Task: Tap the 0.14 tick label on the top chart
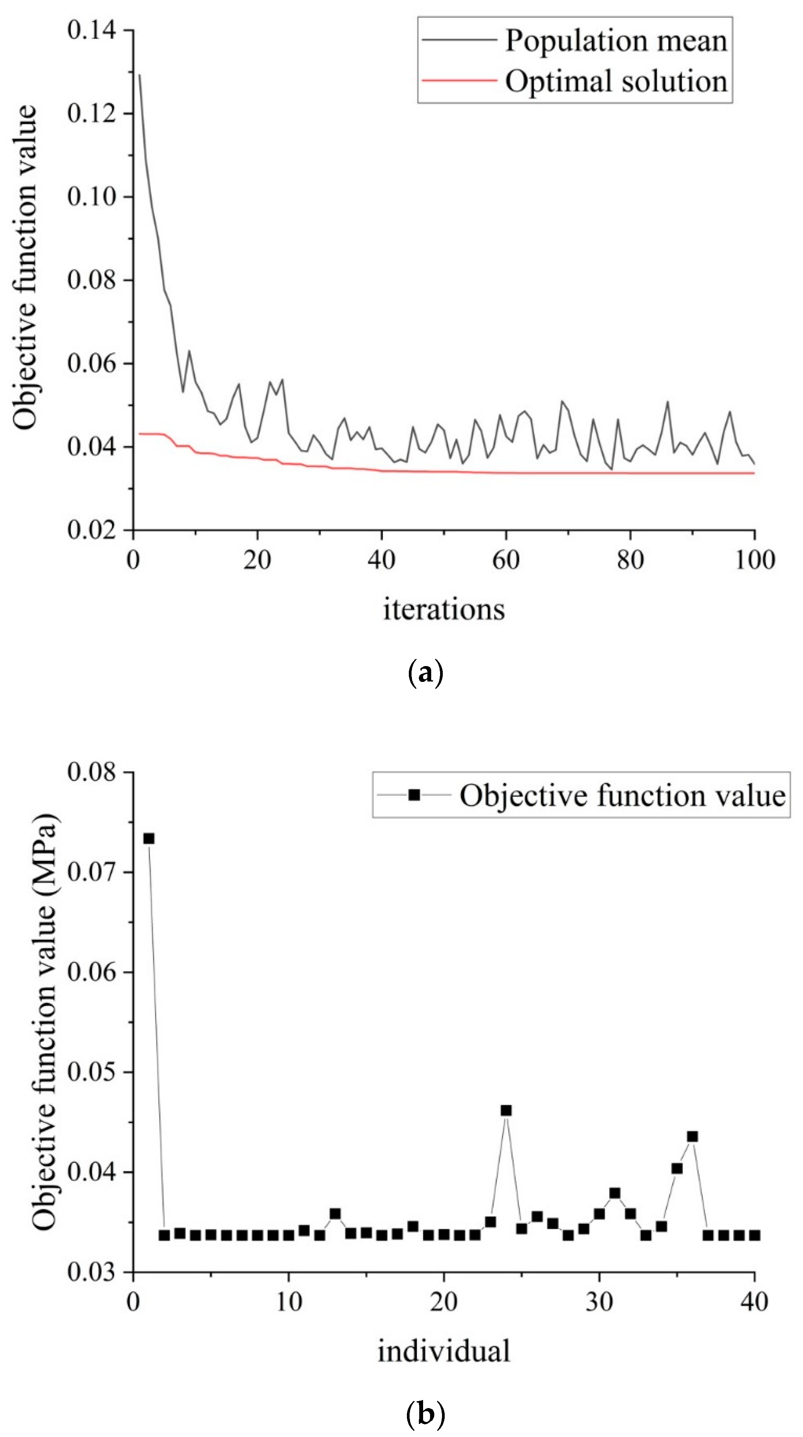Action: tap(92, 30)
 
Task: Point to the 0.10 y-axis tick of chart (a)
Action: tap(92, 196)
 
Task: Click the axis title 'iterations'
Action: tap(444, 609)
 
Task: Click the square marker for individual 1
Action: tap(149, 838)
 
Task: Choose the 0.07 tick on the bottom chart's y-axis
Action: tap(92, 872)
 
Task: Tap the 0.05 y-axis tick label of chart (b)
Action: tap(92, 1072)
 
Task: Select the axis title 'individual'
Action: tap(444, 1352)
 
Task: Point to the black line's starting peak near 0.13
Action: tap(140, 75)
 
